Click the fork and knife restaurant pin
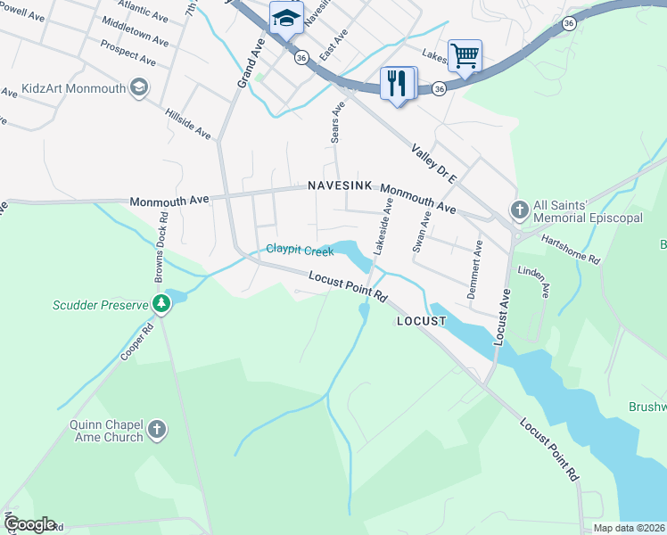click(398, 84)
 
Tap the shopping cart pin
click(465, 56)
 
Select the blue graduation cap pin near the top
click(286, 18)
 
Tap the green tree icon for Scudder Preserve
click(161, 304)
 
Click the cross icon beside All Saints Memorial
click(520, 210)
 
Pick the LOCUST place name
click(421, 320)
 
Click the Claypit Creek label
click(299, 251)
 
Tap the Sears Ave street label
click(336, 123)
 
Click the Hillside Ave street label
click(187, 124)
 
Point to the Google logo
click(29, 524)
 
